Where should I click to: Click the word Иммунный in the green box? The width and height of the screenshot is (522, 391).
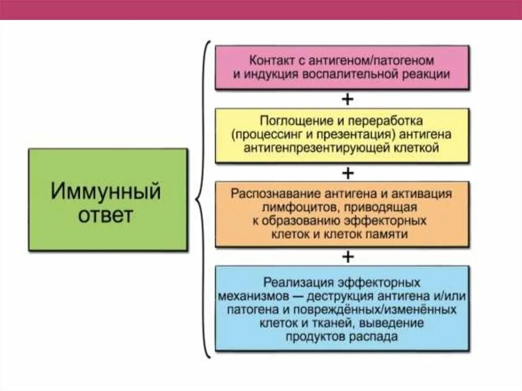[x=106, y=193]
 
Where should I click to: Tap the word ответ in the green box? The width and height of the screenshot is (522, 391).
[x=106, y=215]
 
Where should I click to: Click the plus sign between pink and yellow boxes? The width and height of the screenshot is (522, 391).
[x=348, y=99]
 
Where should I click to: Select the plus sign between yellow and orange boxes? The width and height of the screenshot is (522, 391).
[x=348, y=173]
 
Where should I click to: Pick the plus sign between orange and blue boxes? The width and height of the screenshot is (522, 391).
[x=348, y=256]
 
